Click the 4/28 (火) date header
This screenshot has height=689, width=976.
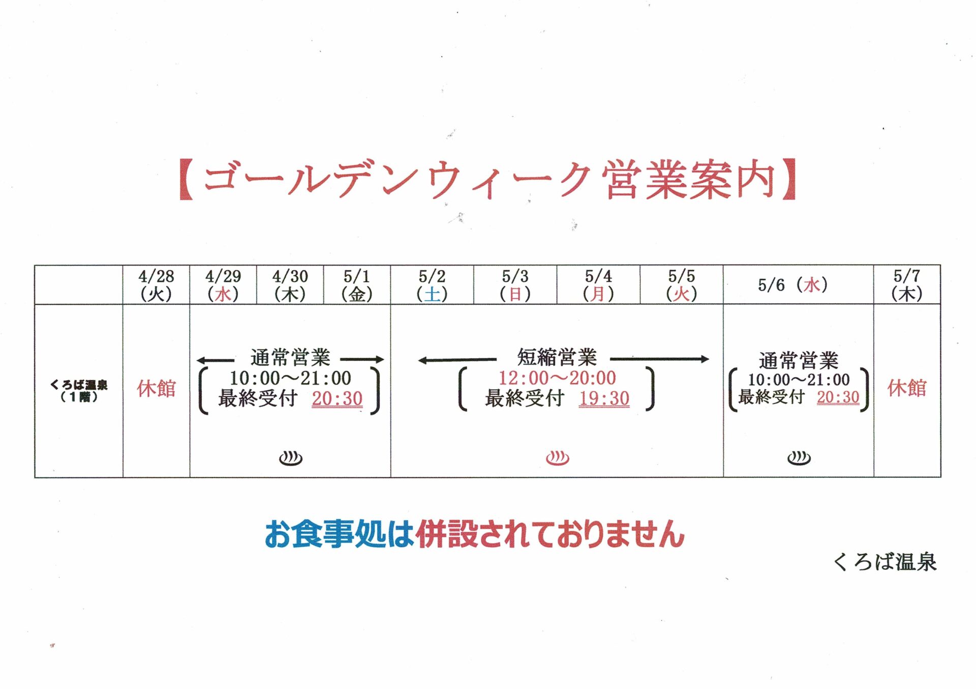(156, 285)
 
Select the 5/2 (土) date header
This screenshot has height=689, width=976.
(432, 285)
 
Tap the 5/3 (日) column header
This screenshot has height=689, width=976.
(515, 285)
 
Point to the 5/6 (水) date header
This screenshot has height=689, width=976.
(793, 285)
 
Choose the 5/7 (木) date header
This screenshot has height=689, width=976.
(907, 285)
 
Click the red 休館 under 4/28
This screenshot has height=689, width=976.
(156, 389)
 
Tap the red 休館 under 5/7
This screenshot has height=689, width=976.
(907, 388)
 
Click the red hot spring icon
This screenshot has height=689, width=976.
(557, 458)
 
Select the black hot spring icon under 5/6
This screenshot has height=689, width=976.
(799, 458)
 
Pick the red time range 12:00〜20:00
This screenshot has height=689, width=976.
(557, 378)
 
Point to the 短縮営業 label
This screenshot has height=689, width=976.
(557, 358)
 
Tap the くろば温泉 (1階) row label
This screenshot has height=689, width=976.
(79, 390)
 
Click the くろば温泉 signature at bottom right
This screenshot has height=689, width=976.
(885, 562)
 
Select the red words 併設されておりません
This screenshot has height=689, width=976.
(550, 534)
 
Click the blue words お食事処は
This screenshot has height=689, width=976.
(339, 534)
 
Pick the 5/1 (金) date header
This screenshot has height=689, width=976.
(357, 285)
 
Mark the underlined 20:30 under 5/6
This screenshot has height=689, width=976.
(838, 397)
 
